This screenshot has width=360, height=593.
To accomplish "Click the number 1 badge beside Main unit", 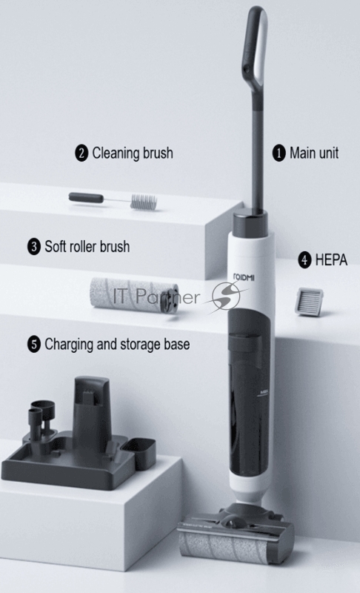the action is click(279, 153).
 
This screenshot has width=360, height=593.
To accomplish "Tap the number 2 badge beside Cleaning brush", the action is click(81, 153).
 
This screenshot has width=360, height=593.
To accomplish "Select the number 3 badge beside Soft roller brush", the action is click(33, 247).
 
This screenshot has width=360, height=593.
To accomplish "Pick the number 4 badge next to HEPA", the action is click(304, 261).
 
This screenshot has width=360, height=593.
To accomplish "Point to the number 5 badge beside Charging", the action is click(33, 345).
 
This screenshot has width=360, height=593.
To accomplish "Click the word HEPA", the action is click(331, 260).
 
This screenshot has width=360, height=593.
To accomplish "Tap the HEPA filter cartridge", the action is click(310, 302).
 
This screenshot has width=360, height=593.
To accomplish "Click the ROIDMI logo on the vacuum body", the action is click(244, 277).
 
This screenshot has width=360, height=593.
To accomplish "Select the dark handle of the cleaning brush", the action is click(86, 197).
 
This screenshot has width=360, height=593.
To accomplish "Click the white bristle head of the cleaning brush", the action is click(143, 202).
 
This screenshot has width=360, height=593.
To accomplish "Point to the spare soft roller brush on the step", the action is click(133, 295).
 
